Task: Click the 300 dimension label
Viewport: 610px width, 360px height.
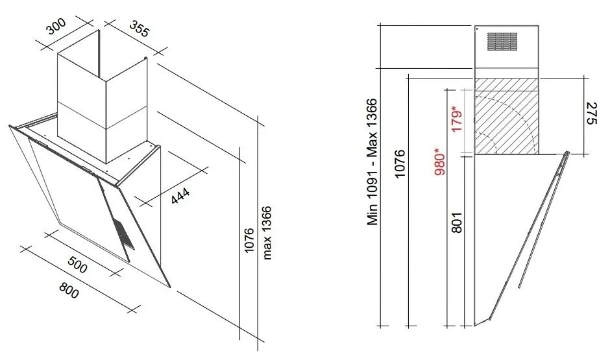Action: coord(56,26)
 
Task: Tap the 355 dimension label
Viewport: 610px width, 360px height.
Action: coord(139,29)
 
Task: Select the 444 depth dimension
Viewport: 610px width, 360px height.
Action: coord(180,195)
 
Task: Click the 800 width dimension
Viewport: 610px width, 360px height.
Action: coord(69,289)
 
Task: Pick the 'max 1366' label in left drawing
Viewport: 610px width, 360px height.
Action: coord(267,233)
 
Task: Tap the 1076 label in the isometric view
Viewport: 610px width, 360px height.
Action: coord(249,240)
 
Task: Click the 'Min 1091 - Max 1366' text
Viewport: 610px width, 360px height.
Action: coord(372,162)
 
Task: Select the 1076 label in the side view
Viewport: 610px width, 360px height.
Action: coord(400,163)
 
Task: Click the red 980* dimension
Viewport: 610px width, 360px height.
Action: coord(439,162)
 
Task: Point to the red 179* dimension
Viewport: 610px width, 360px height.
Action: coord(457,118)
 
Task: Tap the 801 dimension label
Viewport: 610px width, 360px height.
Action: coord(457,222)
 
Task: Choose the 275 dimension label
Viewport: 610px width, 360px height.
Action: coord(591,113)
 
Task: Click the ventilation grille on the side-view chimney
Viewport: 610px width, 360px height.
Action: coord(502,42)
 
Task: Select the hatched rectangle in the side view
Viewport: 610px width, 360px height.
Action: coord(507,116)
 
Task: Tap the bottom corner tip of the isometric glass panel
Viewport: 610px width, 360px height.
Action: coord(170,288)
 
